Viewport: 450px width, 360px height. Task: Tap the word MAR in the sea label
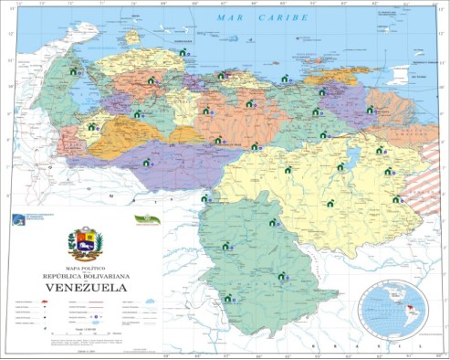click(223, 17)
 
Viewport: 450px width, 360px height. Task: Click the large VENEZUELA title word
click(85, 287)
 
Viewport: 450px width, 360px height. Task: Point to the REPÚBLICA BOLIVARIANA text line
click(85, 275)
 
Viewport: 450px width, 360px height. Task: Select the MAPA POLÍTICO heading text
click(85, 267)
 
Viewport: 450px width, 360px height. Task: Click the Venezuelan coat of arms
click(85, 244)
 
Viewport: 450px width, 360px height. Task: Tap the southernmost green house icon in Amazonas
click(227, 298)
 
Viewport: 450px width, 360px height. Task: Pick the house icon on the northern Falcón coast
click(184, 54)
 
